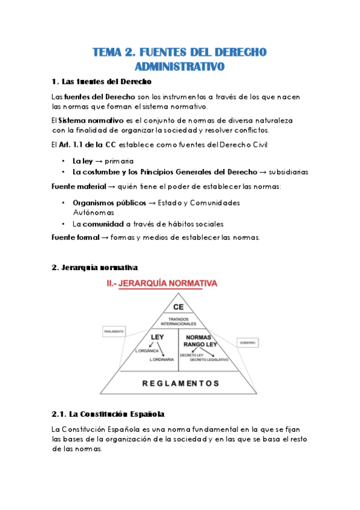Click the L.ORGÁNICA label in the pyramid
pyautogui.click(x=146, y=351)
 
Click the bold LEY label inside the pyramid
pyautogui.click(x=157, y=337)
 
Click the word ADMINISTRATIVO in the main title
pyautogui.click(x=179, y=66)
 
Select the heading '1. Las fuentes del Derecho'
pyautogui.click(x=102, y=81)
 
